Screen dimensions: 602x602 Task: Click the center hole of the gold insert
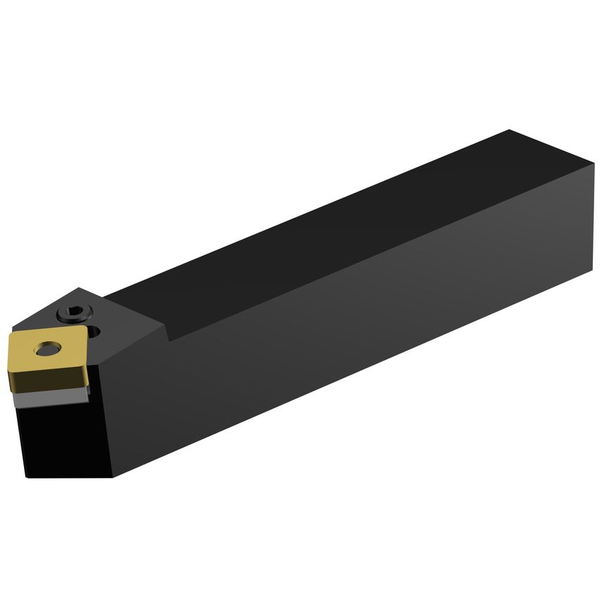coord(48,348)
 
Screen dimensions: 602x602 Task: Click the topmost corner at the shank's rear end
coord(509,130)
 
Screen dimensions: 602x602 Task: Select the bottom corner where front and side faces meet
coord(113,477)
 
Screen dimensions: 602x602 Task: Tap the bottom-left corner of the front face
coord(26,477)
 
